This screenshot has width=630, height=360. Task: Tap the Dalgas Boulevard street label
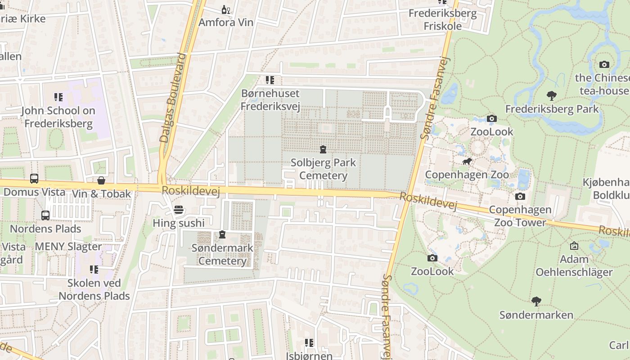point(173,98)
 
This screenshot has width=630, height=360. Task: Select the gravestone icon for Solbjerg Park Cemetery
point(323,149)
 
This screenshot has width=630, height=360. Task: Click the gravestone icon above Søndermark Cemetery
point(222,234)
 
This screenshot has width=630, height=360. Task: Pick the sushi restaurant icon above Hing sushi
point(179,210)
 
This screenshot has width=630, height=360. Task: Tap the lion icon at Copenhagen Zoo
point(467,161)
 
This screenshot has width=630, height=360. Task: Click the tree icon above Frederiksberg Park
point(551,95)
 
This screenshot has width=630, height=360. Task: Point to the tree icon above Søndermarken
point(536,301)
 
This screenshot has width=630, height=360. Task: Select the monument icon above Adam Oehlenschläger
point(574,246)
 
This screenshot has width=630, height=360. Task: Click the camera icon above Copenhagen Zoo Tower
point(520,196)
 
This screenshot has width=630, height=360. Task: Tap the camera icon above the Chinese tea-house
point(604,64)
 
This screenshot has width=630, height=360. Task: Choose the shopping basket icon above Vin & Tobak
point(101,180)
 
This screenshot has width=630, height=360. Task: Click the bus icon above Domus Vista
point(34,179)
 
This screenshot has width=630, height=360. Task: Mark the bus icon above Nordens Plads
point(45,216)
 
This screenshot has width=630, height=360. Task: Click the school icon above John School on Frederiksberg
point(58,97)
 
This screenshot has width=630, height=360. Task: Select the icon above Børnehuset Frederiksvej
point(270,81)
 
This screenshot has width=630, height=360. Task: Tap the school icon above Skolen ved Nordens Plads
point(94,270)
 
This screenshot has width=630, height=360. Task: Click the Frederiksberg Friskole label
point(442,19)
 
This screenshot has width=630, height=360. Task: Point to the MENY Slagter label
point(68,247)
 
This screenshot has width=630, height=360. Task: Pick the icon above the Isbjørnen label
point(309,343)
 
